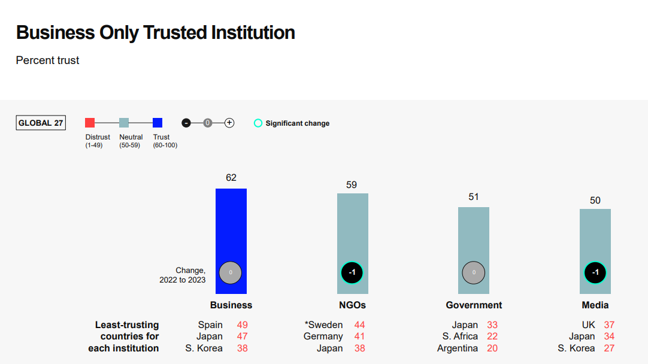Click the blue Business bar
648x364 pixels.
pyautogui.click(x=231, y=227)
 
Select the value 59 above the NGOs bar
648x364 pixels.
pyautogui.click(x=352, y=184)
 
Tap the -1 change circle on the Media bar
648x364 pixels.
pyautogui.click(x=595, y=273)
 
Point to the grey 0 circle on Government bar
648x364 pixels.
pyautogui.click(x=474, y=273)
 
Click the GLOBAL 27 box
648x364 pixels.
pyautogui.click(x=41, y=123)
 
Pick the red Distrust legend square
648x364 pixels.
pyautogui.click(x=90, y=123)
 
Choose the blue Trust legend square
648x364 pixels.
pyautogui.click(x=158, y=123)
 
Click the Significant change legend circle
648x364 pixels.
pyautogui.click(x=258, y=123)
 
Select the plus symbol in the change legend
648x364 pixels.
pyautogui.click(x=229, y=123)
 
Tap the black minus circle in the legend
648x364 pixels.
pyautogui.click(x=186, y=123)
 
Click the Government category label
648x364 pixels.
pyautogui.click(x=474, y=305)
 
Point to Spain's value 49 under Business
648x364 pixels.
pyautogui.click(x=242, y=325)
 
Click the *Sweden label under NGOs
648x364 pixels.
pyautogui.click(x=323, y=325)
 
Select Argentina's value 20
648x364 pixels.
pyautogui.click(x=492, y=348)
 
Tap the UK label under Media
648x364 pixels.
pyautogui.click(x=589, y=325)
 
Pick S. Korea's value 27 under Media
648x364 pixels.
pyautogui.click(x=608, y=348)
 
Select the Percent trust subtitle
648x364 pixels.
pyautogui.click(x=47, y=60)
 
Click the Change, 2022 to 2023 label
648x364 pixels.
pyautogui.click(x=183, y=275)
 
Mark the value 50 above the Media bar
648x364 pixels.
pyautogui.click(x=595, y=200)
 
